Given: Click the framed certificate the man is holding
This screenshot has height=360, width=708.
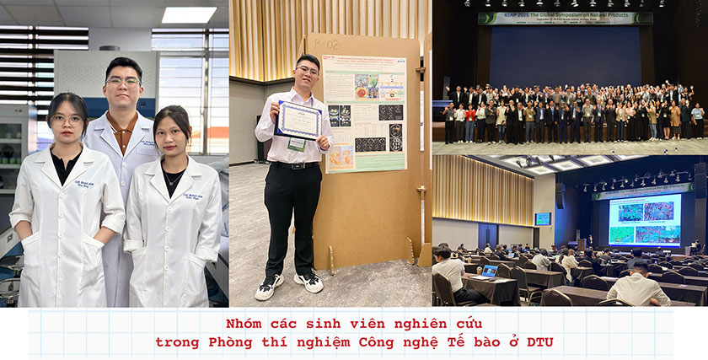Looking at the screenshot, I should tap(299, 119).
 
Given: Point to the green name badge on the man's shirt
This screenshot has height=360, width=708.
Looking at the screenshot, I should tap(297, 144).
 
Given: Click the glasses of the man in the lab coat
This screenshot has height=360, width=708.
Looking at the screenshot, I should tap(124, 81).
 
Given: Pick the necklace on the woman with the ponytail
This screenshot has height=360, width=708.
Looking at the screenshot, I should tap(172, 180).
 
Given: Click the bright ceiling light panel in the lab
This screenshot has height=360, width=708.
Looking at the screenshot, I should tap(188, 14).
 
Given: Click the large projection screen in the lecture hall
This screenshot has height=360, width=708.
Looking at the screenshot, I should tap(644, 219).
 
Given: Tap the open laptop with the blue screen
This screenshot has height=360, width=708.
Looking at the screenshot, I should tap(487, 271).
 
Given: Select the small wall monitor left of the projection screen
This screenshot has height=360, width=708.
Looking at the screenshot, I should tap(543, 219).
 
